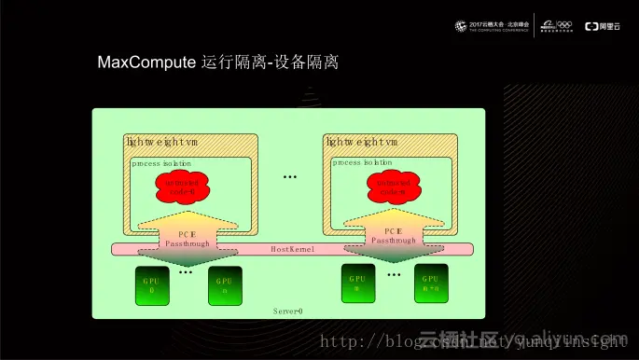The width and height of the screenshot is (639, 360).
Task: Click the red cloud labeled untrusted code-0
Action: tap(182, 187)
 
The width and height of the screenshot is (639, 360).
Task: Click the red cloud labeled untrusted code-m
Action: tap(385, 187)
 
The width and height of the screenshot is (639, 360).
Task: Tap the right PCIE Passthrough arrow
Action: tap(387, 236)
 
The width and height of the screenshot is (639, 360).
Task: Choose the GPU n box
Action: tap(224, 285)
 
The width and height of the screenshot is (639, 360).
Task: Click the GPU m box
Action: tap(356, 283)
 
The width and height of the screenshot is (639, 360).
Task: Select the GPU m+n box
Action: tap(430, 283)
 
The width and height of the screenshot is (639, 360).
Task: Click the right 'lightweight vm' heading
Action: tap(362, 142)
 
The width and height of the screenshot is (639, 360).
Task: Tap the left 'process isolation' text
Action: tap(161, 162)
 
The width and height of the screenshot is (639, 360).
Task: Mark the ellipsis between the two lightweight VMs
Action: tap(289, 176)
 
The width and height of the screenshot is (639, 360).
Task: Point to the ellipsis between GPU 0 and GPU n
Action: tap(186, 272)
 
